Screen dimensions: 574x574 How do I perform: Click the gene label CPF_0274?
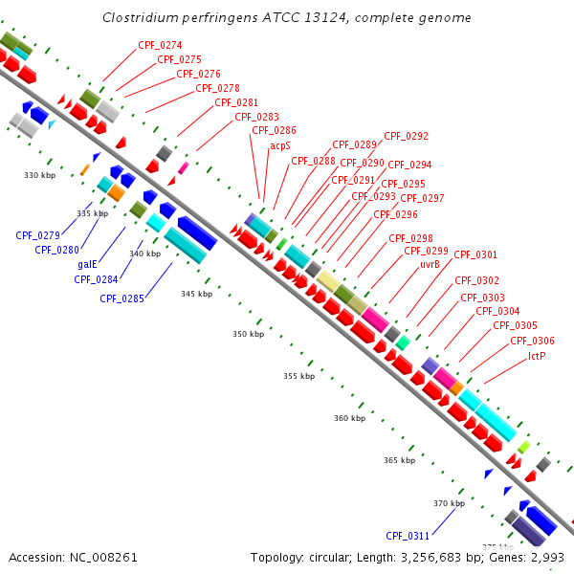coord(160,45)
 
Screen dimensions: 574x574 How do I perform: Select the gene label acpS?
coord(279,145)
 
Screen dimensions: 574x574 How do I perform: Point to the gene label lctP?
coord(537,356)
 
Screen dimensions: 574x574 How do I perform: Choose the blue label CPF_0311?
coord(408,536)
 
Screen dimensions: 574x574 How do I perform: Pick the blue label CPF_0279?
coord(37,234)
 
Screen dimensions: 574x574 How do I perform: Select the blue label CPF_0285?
coord(121,298)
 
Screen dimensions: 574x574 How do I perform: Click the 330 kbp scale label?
coord(39,175)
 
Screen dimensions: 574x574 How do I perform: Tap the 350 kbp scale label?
coord(248,334)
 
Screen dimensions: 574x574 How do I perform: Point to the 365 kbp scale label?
coord(399,460)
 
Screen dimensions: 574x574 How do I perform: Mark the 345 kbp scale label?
coord(196,294)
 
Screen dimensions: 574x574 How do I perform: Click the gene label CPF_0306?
coord(532,341)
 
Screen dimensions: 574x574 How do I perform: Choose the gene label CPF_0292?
coord(407,136)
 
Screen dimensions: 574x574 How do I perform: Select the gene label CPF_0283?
coord(256,117)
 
